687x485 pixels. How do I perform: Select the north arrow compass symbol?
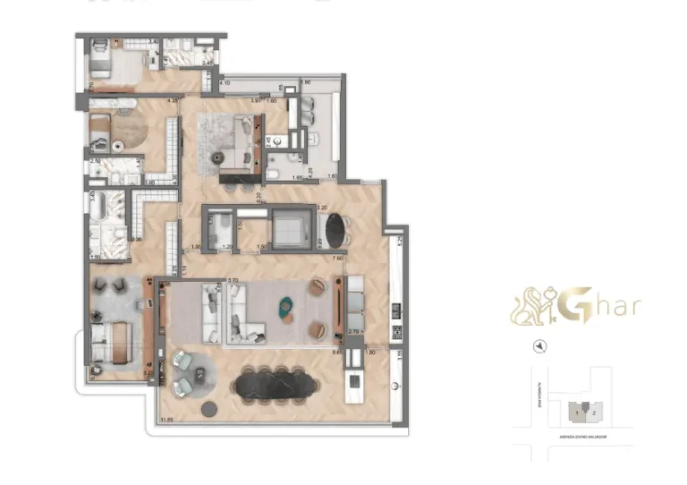coord(539,347)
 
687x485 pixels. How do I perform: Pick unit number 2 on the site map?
coord(593,413)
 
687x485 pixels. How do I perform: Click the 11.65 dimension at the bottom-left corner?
coord(166,419)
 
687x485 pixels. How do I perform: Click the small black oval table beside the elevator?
coord(334,229)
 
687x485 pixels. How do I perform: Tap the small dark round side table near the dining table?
coord(209,408)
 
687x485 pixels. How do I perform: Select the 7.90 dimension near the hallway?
coord(338,259)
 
